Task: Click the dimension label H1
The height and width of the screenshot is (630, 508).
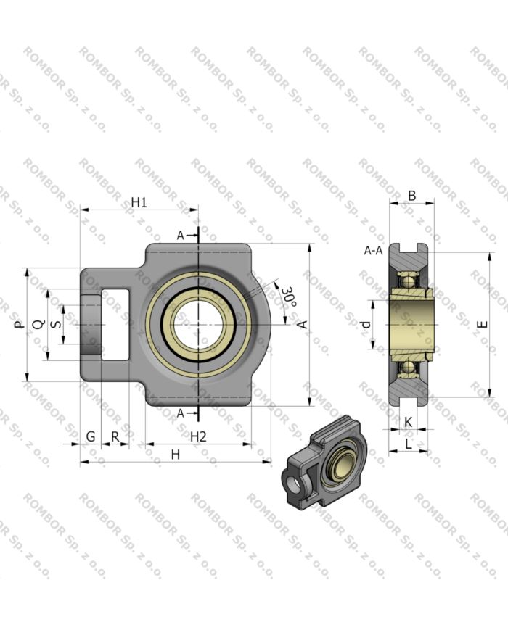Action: (139, 202)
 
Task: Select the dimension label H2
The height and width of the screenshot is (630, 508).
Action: (198, 436)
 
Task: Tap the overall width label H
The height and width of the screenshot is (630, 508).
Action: (175, 454)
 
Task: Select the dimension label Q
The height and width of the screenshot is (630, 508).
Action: (40, 324)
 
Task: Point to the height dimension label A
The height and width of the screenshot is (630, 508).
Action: (303, 325)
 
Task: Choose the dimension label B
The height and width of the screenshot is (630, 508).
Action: (411, 195)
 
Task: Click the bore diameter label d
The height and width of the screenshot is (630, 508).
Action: (366, 324)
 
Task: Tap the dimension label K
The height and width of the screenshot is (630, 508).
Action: (408, 421)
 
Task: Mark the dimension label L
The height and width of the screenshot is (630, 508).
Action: (408, 444)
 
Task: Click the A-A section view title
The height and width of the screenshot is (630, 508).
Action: (373, 251)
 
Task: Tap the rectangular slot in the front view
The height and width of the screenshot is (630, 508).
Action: (115, 324)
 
